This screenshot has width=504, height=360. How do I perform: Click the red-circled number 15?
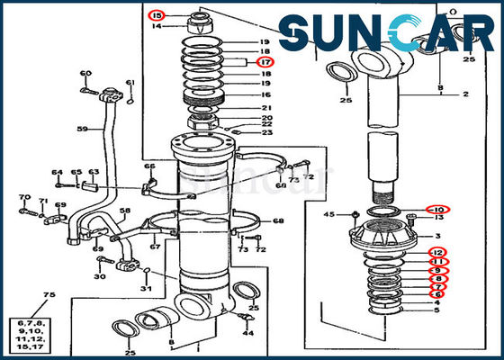coord(158,15)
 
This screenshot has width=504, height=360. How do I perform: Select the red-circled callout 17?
coord(265,63)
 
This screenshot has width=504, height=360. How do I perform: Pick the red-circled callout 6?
coord(437,294)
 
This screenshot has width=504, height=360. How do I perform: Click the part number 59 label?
coord(82,129)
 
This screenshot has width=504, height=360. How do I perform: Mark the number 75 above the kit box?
coord(49,295)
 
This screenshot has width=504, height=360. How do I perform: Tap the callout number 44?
coord(248,333)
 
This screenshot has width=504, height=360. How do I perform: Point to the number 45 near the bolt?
coord(329,214)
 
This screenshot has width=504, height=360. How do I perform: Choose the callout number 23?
coord(266,132)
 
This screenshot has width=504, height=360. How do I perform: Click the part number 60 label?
coord(85,73)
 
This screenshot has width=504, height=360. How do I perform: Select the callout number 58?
coord(125,211)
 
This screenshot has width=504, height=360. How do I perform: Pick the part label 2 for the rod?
coord(466,94)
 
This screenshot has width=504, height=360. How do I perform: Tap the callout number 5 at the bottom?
coord(437,311)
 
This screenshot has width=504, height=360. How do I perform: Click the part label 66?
coord(149,166)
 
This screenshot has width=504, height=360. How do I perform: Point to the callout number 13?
coord(438,218)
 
